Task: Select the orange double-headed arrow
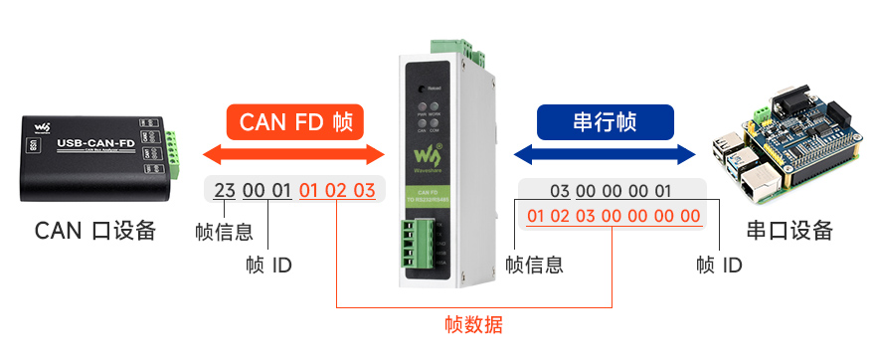[293, 154]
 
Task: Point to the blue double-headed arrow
[605, 154]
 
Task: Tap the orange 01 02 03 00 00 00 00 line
[612, 216]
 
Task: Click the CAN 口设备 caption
[95, 231]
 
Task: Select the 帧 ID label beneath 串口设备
[720, 266]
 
